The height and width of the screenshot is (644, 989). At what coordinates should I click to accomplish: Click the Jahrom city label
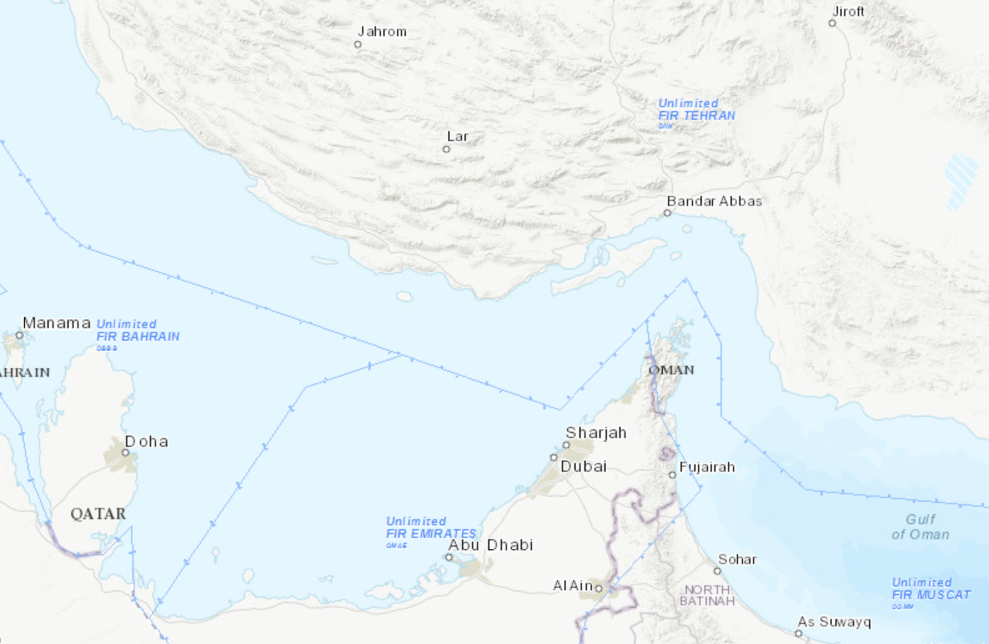[x=381, y=32]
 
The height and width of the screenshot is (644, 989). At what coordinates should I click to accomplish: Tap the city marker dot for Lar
[x=446, y=149]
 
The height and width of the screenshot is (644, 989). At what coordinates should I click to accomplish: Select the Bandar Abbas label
[x=714, y=202]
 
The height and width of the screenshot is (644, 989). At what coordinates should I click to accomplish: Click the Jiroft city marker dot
[x=832, y=23]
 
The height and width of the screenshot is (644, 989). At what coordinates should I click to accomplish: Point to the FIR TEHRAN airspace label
[x=696, y=115]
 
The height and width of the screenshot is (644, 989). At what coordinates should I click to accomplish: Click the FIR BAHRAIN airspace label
[x=137, y=336]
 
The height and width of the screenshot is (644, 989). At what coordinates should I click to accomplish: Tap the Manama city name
[x=56, y=323]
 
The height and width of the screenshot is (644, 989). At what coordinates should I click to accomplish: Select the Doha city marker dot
[x=125, y=452]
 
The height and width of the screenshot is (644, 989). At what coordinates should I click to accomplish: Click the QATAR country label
[x=98, y=514]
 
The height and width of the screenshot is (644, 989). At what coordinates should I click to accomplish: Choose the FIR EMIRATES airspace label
[x=431, y=534]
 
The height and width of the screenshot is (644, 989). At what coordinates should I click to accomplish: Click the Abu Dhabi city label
[x=490, y=545]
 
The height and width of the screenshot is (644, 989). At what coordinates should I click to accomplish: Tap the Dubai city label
[x=583, y=467]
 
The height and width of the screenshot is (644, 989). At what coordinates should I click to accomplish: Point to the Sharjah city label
[x=596, y=433]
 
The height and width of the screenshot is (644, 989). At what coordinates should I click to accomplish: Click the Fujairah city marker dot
[x=672, y=475]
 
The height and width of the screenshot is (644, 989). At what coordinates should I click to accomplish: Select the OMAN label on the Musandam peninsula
[x=671, y=370]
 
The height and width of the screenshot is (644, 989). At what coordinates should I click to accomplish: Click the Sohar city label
[x=737, y=560]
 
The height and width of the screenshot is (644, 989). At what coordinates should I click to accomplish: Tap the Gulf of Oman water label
[x=920, y=527]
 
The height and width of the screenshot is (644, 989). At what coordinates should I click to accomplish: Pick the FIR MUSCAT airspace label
[x=930, y=595]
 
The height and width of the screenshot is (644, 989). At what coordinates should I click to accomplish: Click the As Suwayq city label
[x=834, y=622]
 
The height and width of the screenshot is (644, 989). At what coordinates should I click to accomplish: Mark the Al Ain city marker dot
[x=599, y=588]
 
